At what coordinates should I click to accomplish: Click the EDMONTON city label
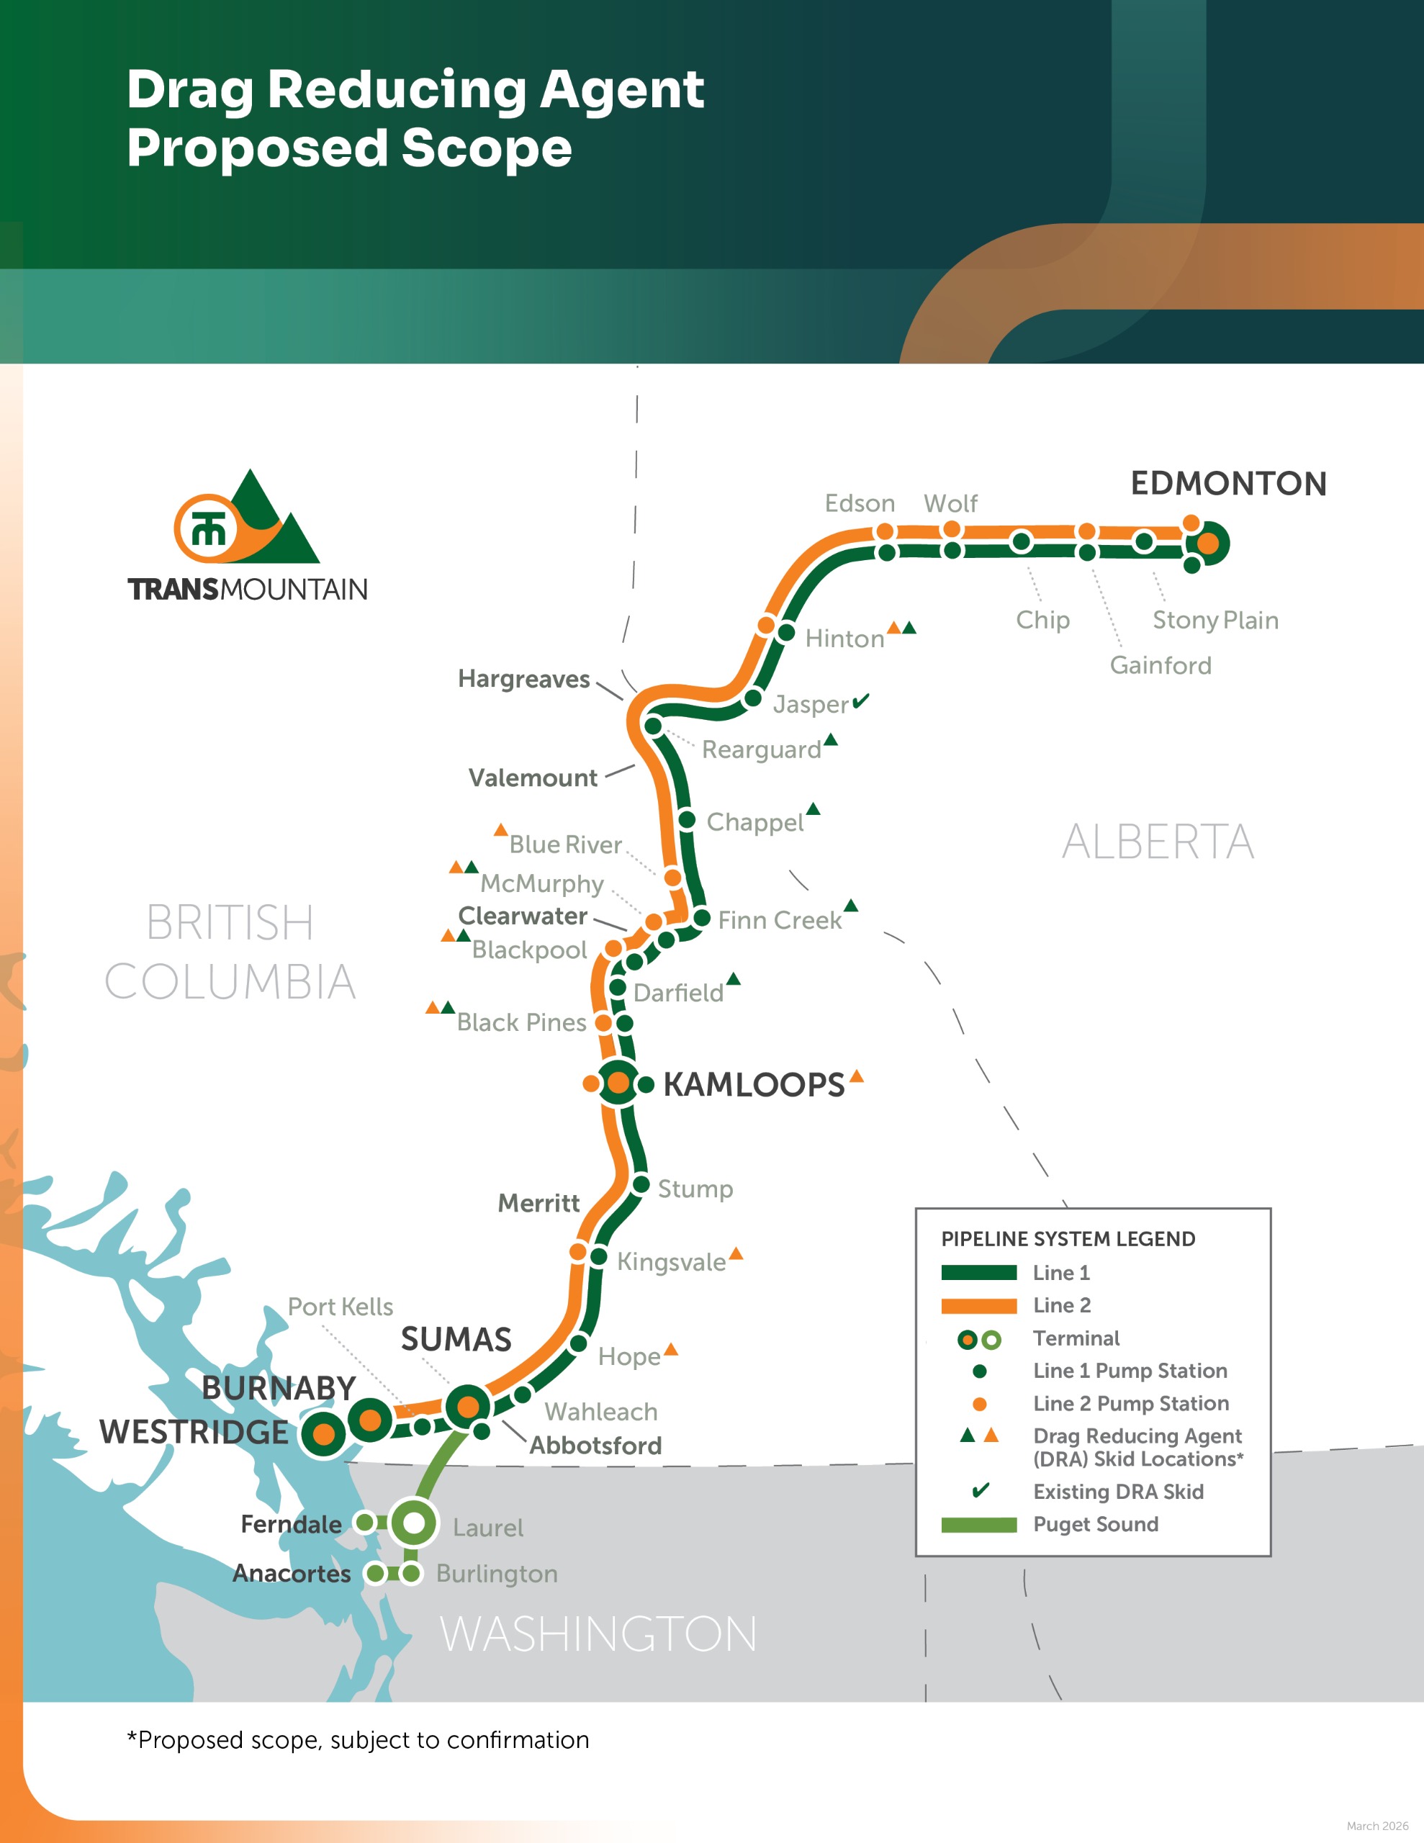1228,484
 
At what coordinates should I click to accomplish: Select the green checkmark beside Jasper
860,701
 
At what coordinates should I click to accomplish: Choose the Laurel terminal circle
414,1523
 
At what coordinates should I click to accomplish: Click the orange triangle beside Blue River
500,830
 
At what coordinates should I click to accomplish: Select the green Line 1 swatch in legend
978,1273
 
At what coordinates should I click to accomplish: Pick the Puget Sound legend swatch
978,1525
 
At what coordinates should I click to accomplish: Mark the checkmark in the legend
980,1490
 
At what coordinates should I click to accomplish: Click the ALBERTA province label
1158,842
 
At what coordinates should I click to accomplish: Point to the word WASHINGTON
598,1634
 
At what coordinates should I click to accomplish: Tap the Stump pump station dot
641,1185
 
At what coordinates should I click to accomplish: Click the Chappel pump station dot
687,819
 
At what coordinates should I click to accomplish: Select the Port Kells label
341,1307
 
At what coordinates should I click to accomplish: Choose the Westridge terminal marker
323,1433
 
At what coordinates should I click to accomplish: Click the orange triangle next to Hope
671,1349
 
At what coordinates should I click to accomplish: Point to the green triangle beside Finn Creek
851,906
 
